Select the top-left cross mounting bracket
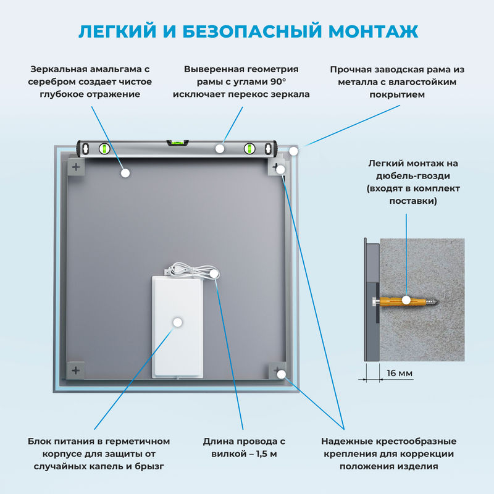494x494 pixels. tap(76, 167)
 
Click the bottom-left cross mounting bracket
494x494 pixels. tap(76, 371)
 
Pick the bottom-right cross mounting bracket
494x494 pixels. tap(275, 371)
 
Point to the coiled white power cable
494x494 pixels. tap(188, 270)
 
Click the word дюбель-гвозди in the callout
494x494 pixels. tap(412, 176)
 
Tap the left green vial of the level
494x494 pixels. tap(104, 148)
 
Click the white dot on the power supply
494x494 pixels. tap(178, 322)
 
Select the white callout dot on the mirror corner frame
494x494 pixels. tap(294, 150)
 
